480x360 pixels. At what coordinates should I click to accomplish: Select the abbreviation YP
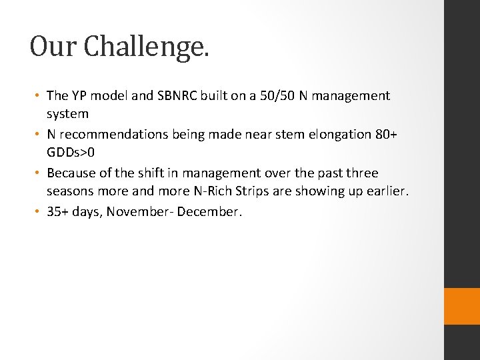tap(79, 96)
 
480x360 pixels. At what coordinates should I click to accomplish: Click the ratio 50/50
tap(271, 96)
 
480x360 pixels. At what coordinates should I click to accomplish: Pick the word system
tap(67, 114)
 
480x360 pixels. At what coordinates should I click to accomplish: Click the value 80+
tap(385, 135)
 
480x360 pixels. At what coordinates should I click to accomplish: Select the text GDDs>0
tap(71, 153)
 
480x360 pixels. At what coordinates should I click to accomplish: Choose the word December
tap(215, 212)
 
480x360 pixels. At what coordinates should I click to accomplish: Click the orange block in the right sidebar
tap(461, 306)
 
